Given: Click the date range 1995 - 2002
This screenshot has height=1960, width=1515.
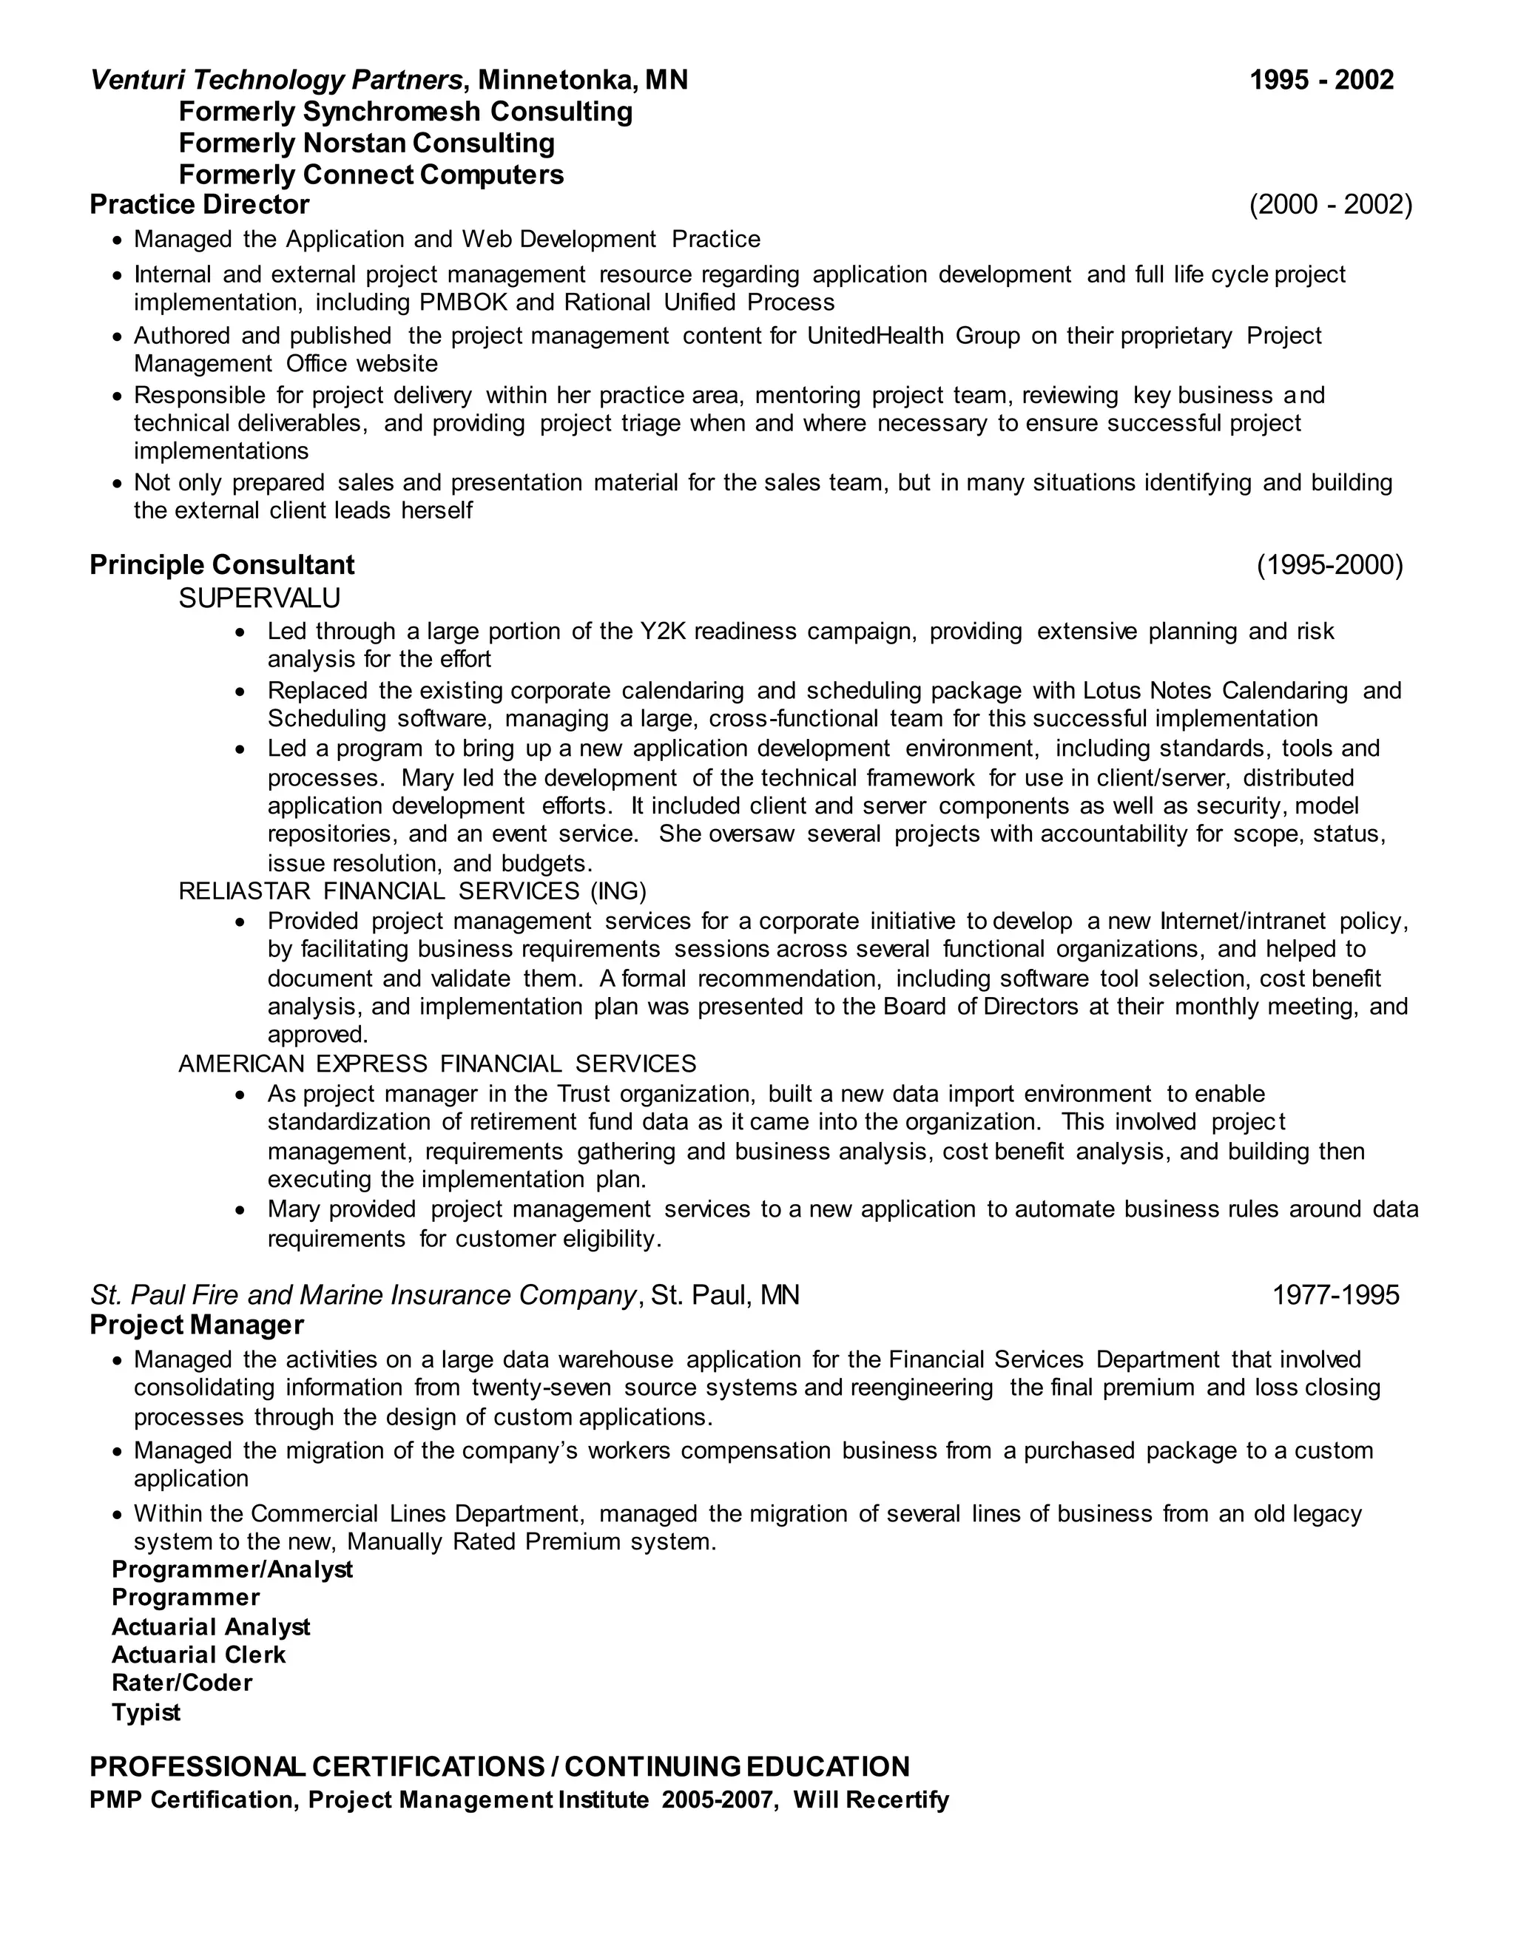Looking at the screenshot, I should [1321, 81].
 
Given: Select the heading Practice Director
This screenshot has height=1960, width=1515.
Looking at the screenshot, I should [199, 205].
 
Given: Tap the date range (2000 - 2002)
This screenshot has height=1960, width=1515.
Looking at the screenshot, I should [1330, 205].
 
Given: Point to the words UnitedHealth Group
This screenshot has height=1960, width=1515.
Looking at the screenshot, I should [913, 336].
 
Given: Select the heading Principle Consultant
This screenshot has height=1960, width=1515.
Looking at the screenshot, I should [222, 564].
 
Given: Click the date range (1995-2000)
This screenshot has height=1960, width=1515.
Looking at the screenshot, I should [1329, 564].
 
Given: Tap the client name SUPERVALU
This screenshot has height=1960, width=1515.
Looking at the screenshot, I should [260, 598].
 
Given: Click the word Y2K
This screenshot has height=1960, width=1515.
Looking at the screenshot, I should [662, 632].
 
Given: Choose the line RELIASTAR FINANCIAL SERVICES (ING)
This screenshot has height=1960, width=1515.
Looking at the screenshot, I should [412, 891].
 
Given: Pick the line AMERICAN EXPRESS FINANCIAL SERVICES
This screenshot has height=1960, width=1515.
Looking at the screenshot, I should [437, 1064].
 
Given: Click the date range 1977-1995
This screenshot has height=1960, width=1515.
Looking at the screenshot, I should [1335, 1294].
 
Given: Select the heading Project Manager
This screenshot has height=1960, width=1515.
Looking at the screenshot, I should [197, 1325].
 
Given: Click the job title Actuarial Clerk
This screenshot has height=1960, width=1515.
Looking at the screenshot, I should [198, 1654].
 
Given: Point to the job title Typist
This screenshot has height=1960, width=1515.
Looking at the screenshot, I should [146, 1712].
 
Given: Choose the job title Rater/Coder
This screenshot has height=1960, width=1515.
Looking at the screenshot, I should [181, 1683].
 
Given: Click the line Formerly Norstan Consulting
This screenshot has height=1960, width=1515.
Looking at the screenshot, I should [366, 143].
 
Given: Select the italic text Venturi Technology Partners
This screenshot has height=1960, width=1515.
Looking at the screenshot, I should [277, 81].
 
